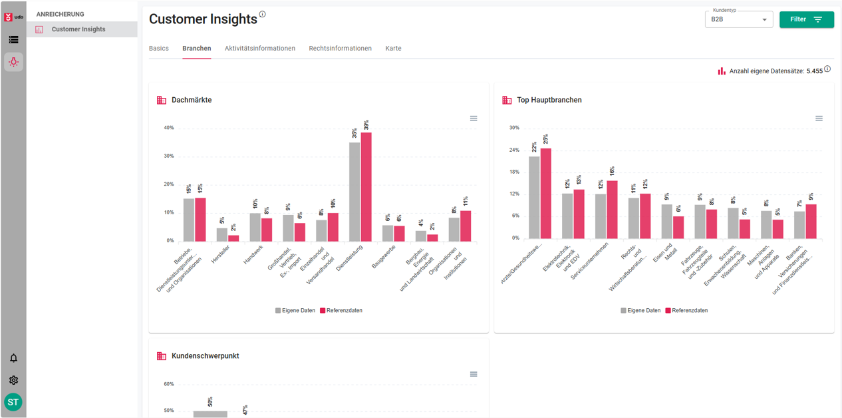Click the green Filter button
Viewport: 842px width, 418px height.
806,19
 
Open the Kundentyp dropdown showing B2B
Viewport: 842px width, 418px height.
738,19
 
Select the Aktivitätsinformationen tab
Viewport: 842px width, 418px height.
259,49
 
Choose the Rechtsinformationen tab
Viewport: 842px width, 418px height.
340,49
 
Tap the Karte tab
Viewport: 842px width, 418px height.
393,49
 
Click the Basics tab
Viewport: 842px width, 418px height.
159,49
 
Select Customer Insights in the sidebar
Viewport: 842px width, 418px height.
78,29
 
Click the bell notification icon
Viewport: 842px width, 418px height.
13,358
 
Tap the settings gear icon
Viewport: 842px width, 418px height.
13,380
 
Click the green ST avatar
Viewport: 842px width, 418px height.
13,402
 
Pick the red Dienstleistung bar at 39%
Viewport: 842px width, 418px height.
366,186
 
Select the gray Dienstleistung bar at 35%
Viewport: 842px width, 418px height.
354,192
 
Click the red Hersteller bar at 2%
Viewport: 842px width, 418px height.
233,238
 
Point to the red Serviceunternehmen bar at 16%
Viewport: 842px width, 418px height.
612,210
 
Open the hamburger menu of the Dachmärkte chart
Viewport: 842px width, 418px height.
474,118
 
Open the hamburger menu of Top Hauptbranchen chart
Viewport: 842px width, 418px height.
819,118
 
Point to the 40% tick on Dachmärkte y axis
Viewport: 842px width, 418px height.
169,128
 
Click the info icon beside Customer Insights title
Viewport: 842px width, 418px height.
263,14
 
